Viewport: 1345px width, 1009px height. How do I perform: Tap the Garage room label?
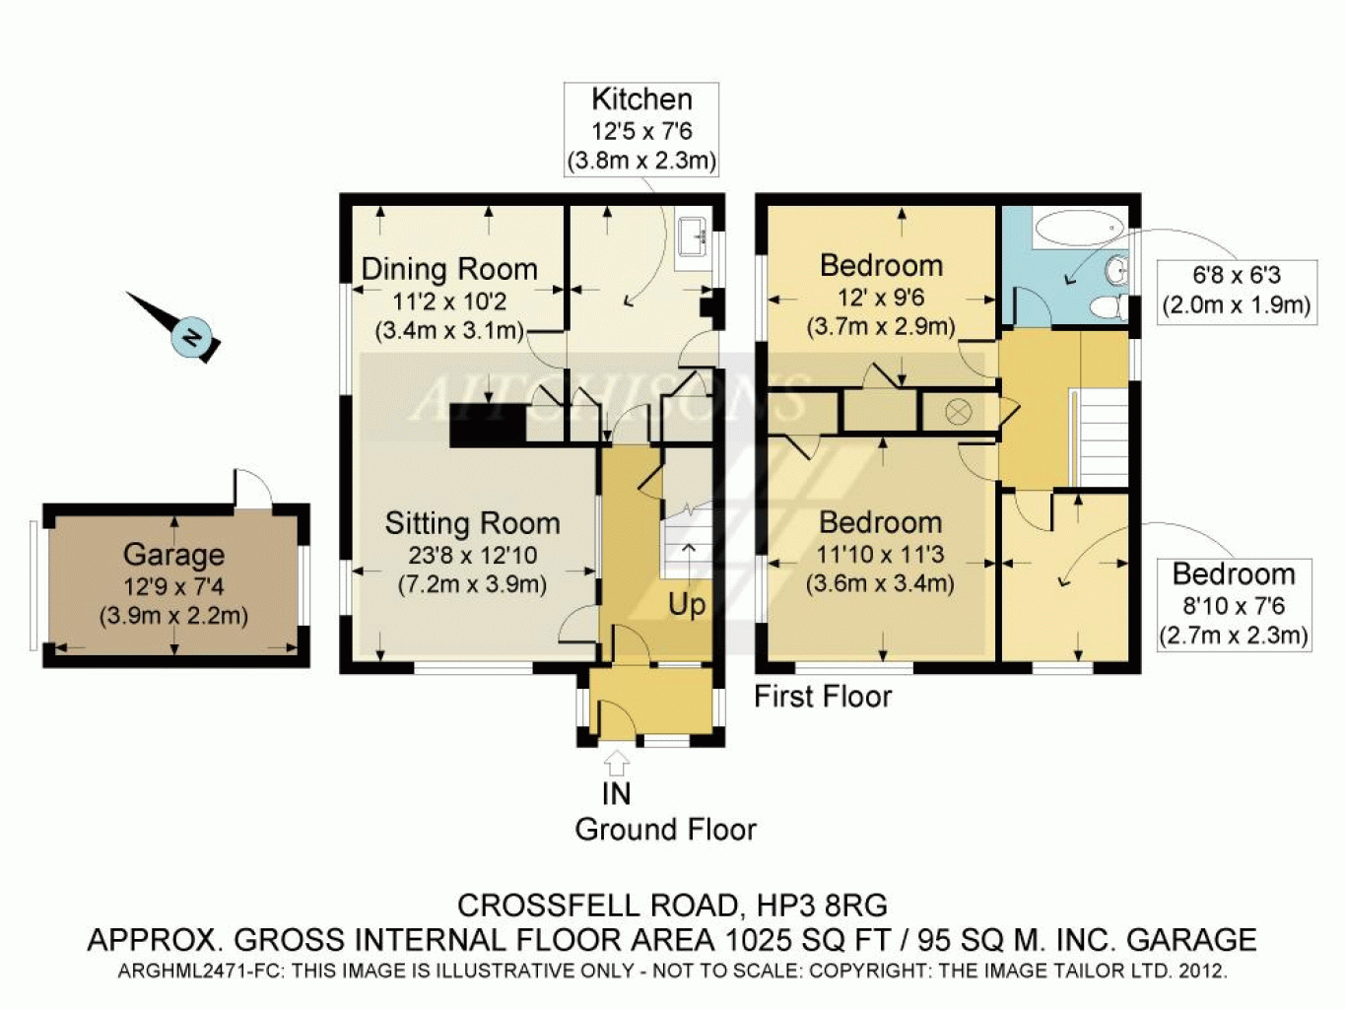tap(174, 555)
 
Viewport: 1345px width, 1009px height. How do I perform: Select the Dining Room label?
tap(449, 269)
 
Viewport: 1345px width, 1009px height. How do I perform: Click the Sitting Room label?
tap(472, 523)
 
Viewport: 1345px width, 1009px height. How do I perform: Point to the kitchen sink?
tap(695, 237)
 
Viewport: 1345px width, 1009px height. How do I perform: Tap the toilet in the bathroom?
tap(1110, 307)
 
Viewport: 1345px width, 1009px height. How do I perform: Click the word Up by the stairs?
tap(686, 606)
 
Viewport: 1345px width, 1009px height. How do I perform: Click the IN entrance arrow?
tap(617, 764)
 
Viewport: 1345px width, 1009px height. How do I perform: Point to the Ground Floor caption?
tap(665, 830)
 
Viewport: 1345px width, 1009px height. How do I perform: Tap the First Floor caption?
tap(823, 697)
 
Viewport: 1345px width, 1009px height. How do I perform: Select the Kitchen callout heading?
tap(641, 100)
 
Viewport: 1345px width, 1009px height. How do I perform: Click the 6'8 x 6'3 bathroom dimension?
tap(1237, 276)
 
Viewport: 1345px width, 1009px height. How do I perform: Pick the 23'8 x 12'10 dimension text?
tap(472, 556)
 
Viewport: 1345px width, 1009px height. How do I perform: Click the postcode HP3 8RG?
tap(823, 906)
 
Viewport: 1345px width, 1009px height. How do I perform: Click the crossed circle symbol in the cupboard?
tap(959, 411)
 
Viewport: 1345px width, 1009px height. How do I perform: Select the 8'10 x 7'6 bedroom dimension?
tap(1233, 606)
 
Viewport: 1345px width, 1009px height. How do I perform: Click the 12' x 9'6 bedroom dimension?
tap(881, 298)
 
